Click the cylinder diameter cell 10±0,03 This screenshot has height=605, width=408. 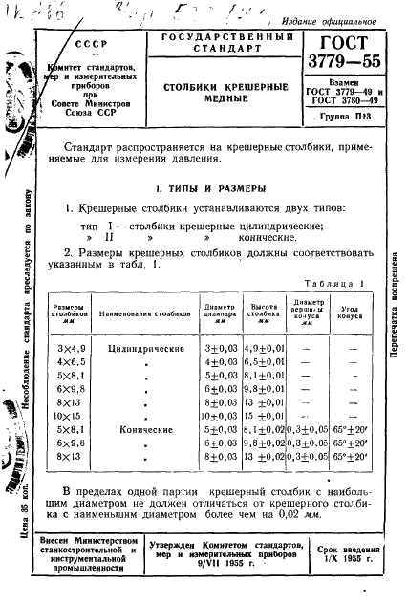coord(220,418)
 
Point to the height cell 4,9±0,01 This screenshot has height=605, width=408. coord(265,349)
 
